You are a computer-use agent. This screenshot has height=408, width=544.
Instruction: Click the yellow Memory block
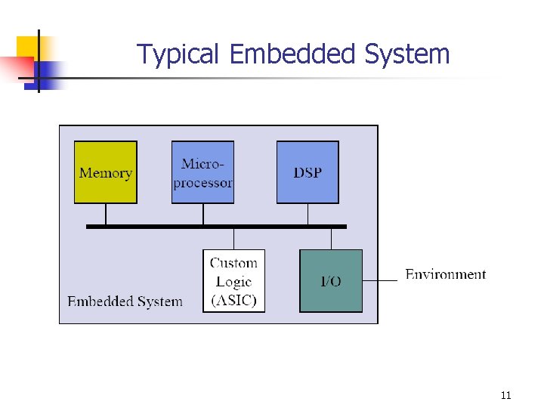pyautogui.click(x=105, y=172)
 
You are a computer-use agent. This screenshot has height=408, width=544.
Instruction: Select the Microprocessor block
pyautogui.click(x=202, y=172)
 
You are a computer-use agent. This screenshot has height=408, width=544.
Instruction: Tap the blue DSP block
pyautogui.click(x=307, y=172)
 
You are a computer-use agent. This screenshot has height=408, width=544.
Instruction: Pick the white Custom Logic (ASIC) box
pyautogui.click(x=234, y=280)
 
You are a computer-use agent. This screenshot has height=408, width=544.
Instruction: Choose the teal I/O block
pyautogui.click(x=331, y=280)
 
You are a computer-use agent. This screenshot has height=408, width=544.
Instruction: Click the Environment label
pyautogui.click(x=446, y=274)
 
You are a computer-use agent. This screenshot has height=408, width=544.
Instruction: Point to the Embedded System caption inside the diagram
pyautogui.click(x=125, y=301)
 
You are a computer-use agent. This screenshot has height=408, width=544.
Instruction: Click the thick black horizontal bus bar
pyautogui.click(x=215, y=226)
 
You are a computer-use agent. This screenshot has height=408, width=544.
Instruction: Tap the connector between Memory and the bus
pyautogui.click(x=105, y=214)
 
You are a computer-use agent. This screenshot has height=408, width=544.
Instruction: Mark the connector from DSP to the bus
pyautogui.click(x=307, y=214)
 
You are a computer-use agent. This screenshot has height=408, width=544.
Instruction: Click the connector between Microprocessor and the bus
pyautogui.click(x=202, y=214)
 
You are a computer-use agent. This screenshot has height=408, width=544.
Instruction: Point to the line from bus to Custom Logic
pyautogui.click(x=234, y=239)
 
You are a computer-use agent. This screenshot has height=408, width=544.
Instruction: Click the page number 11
pyautogui.click(x=505, y=395)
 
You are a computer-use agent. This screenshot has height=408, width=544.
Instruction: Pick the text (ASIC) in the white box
pyautogui.click(x=234, y=300)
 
